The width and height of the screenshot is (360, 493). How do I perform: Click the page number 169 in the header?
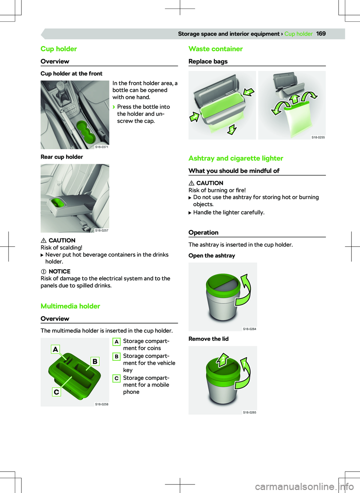(x=321, y=34)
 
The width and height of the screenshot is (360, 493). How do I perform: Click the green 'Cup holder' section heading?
(x=58, y=49)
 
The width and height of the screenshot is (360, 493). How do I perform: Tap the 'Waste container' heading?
(x=216, y=49)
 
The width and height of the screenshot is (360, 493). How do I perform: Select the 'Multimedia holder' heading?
(x=70, y=306)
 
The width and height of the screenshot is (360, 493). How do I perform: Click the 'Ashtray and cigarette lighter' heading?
(x=236, y=158)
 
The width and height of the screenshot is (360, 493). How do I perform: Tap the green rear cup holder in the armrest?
(x=58, y=202)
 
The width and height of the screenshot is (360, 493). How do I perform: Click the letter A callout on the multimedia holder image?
(x=55, y=349)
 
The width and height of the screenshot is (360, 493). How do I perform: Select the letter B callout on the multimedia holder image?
(x=95, y=361)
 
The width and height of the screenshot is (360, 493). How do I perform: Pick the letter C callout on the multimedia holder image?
(x=56, y=392)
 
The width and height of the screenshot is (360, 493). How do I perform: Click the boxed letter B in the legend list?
(x=117, y=356)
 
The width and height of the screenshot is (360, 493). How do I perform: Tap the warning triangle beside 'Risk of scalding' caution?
(x=43, y=240)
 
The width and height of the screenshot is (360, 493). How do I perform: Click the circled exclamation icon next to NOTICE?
(x=43, y=271)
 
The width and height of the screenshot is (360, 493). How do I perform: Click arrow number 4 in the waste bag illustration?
(x=295, y=99)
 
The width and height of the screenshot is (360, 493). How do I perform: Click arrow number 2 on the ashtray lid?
(x=223, y=360)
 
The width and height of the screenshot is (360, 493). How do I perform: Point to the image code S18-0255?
(x=318, y=137)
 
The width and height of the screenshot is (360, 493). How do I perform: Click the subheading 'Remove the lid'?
(x=208, y=339)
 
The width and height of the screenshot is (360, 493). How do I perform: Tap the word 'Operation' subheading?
(x=204, y=232)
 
